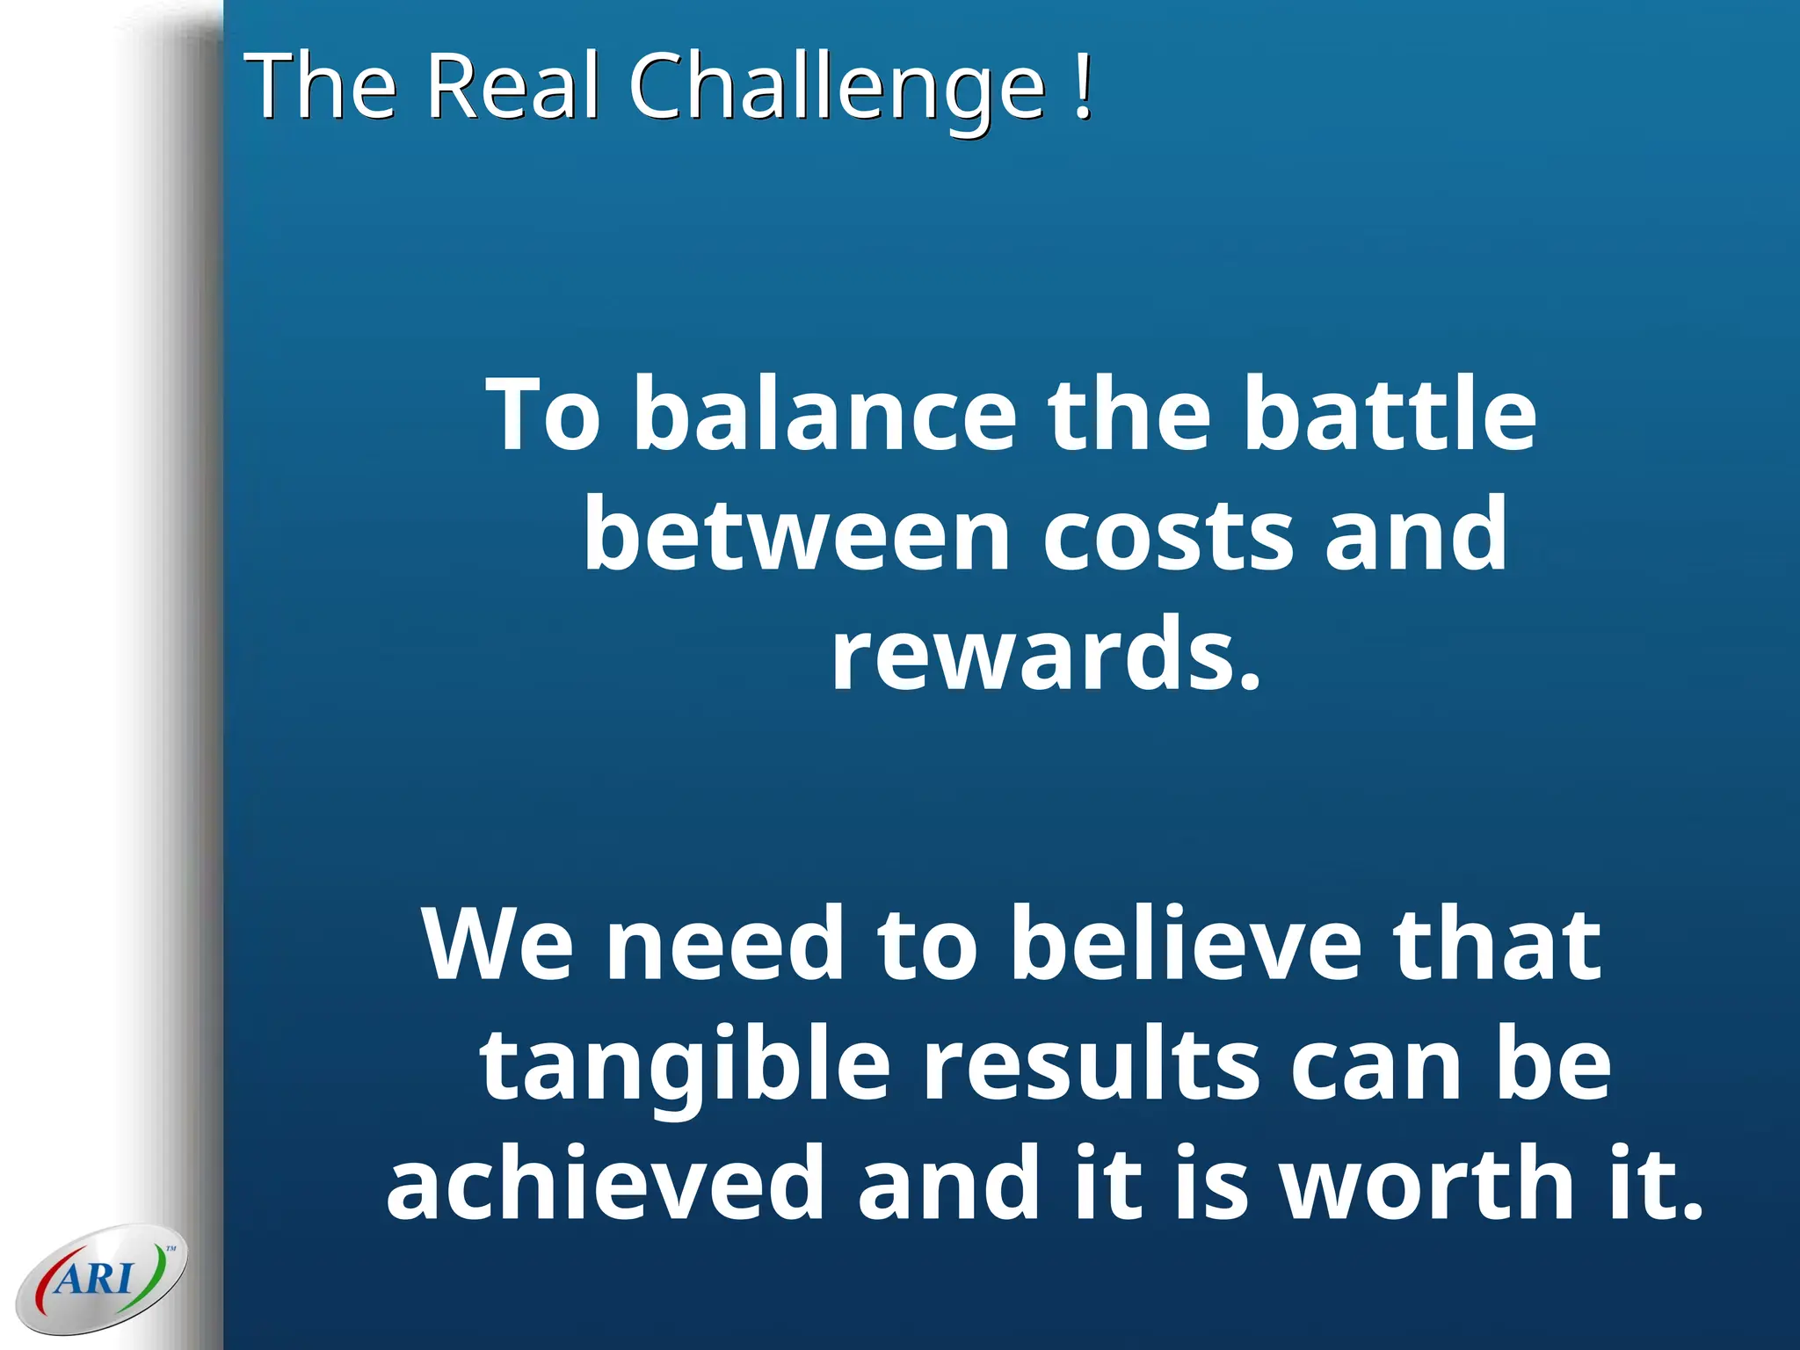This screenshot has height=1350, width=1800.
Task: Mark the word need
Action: pos(725,944)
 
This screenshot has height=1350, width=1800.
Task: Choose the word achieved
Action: pos(606,1182)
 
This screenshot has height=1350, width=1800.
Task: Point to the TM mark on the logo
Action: pos(171,1248)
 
